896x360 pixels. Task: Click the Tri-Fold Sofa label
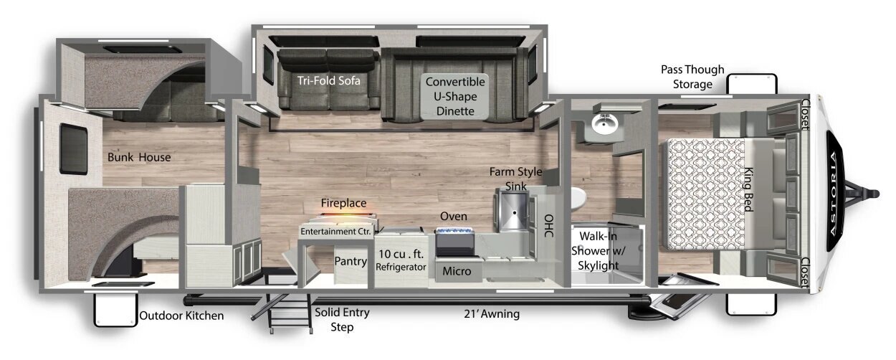pyautogui.click(x=328, y=81)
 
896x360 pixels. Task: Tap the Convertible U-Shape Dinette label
pyautogui.click(x=455, y=96)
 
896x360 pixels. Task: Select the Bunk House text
pyautogui.click(x=139, y=157)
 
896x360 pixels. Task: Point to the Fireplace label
pyautogui.click(x=343, y=203)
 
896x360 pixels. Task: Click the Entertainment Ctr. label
pyautogui.click(x=335, y=231)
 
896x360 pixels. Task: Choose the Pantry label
pyautogui.click(x=351, y=261)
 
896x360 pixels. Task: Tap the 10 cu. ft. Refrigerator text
pyautogui.click(x=401, y=260)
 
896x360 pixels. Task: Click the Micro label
pyautogui.click(x=457, y=271)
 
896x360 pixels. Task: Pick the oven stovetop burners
pyautogui.click(x=454, y=231)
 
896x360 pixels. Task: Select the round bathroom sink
pyautogui.click(x=605, y=123)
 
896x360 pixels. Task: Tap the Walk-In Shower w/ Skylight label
pyautogui.click(x=598, y=251)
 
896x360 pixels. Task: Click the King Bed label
pyautogui.click(x=748, y=189)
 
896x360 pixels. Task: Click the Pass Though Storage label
pyautogui.click(x=692, y=77)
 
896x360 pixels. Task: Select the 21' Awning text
pyautogui.click(x=492, y=314)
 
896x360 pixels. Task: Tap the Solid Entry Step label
pyautogui.click(x=342, y=320)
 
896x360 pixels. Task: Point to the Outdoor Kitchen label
pyautogui.click(x=181, y=316)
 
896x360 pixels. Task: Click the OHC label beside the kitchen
pyautogui.click(x=549, y=226)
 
